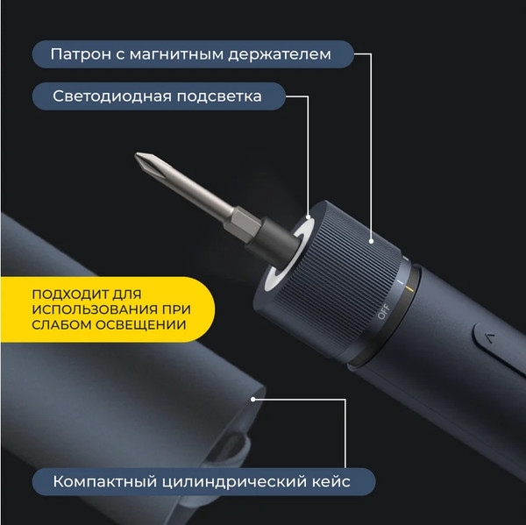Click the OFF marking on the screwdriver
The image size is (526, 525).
pyautogui.click(x=381, y=311)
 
